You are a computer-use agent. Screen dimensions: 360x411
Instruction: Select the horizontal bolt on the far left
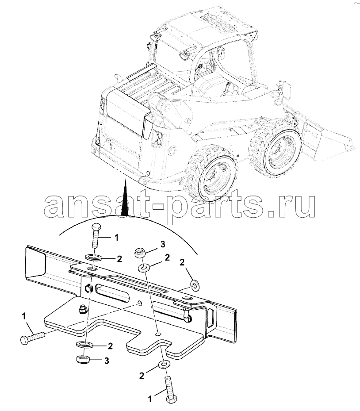pos(32,338)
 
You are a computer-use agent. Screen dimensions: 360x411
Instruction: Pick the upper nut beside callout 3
pos(139,253)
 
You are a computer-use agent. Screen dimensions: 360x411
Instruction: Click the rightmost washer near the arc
pos(195,285)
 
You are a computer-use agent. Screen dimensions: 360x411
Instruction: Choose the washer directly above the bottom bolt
pos(164,365)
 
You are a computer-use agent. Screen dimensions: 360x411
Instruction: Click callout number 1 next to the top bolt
pos(117,238)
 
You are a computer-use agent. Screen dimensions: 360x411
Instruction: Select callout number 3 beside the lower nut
pos(107,361)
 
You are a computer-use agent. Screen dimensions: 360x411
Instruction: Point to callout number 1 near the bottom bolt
pos(150,400)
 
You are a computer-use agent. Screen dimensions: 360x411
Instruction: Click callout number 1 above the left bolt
pos(24,316)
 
